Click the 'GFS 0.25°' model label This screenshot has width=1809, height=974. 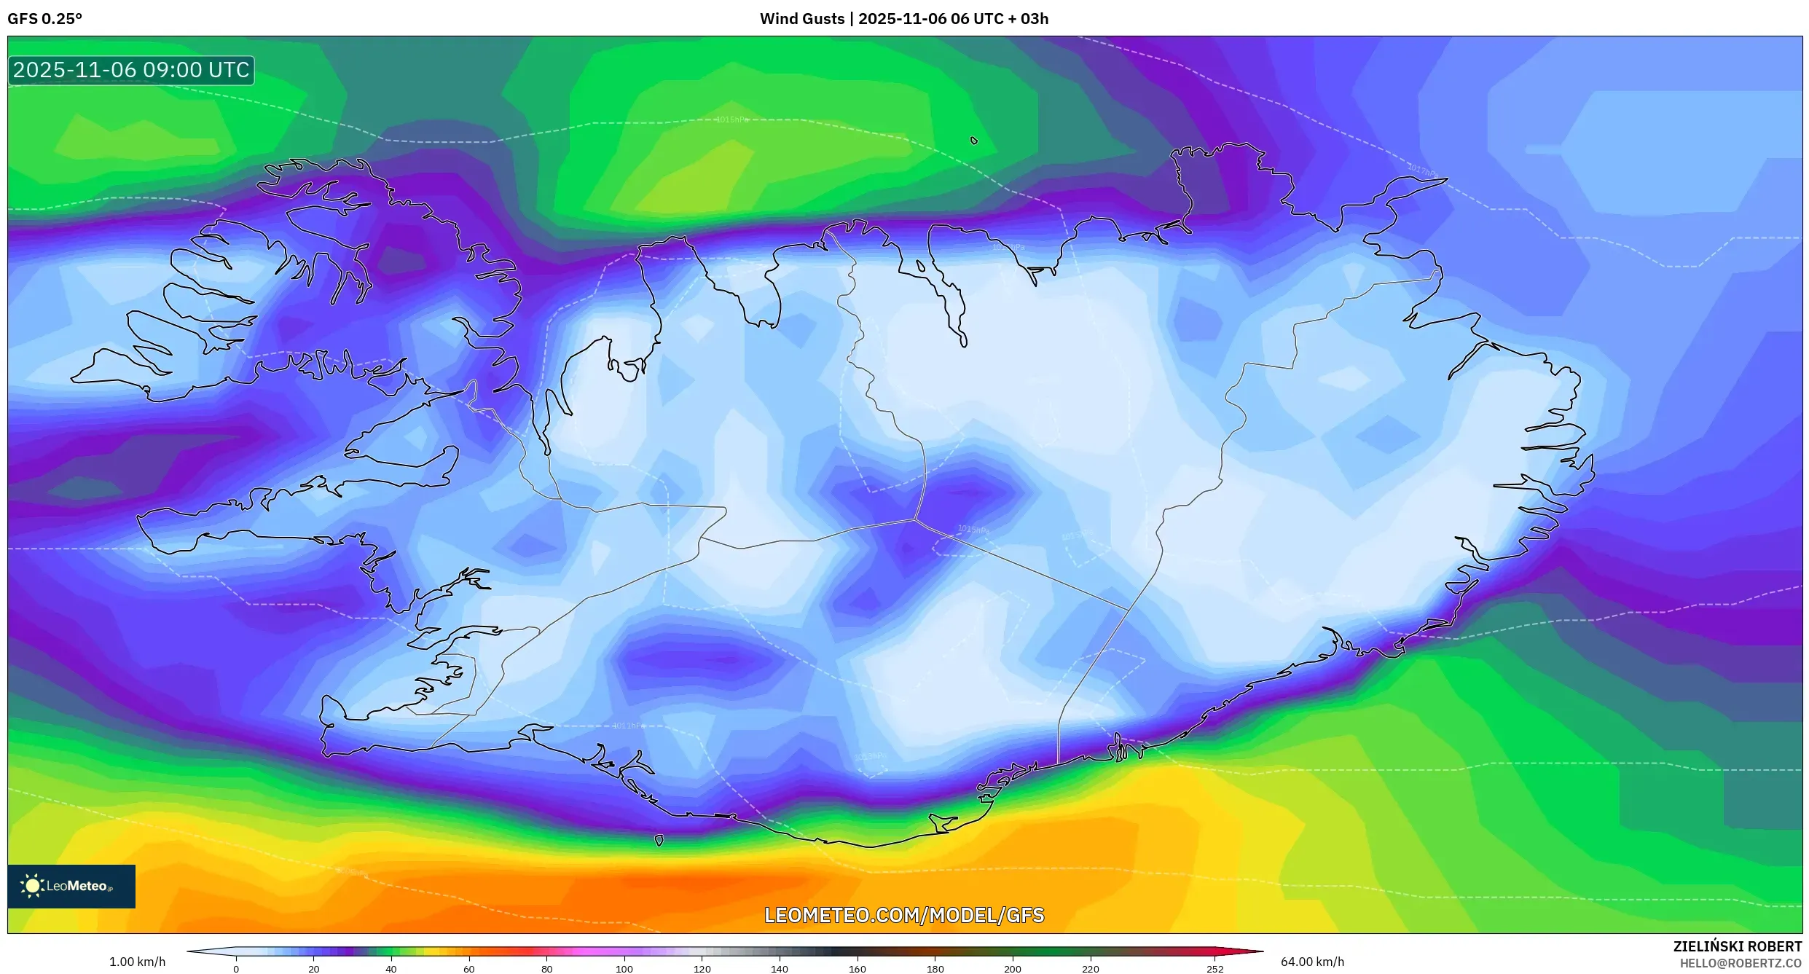(44, 19)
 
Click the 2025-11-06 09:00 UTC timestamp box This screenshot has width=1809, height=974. (131, 70)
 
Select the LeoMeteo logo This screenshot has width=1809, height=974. (71, 886)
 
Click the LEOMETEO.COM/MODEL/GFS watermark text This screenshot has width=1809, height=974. (904, 915)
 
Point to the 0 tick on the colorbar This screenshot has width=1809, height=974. (236, 969)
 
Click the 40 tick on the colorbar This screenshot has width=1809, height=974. (391, 969)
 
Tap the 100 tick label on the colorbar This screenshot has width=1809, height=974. (624, 969)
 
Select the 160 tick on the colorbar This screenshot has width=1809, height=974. (858, 969)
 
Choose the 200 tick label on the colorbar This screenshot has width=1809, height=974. (1013, 969)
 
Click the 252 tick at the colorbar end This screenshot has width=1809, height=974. (1215, 969)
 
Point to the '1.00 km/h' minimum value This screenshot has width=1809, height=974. (137, 962)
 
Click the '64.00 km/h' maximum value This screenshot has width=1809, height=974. (1312, 962)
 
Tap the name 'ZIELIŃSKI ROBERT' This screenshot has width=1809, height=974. (1737, 946)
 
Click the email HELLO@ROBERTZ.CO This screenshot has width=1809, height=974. (1740, 963)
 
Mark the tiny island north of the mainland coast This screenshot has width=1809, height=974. (974, 141)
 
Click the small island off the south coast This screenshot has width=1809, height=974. (659, 840)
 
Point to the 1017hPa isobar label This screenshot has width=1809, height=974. (1421, 170)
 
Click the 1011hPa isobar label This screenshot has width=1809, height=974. (628, 726)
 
